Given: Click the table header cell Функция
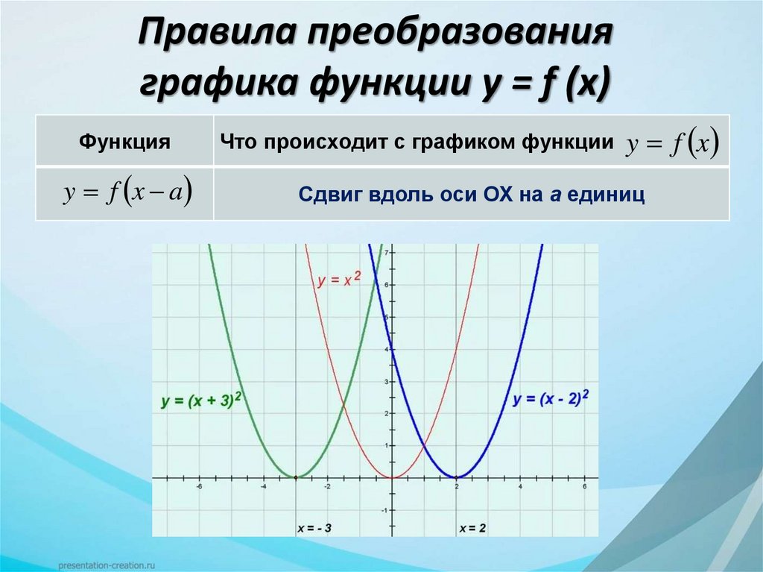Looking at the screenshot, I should pos(124,141).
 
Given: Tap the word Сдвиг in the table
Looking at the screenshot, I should pos(327,195).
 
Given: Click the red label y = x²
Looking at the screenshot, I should pos(339,280).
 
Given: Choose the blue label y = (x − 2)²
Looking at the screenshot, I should pos(551,398).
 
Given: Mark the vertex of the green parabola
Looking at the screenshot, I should pos(296,477).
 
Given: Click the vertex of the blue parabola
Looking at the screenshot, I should pos(457,477).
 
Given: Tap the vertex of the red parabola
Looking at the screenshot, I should pos(393,477).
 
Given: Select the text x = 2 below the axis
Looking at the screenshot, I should pos(472,528).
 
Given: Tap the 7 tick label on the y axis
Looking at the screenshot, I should pos(387,253).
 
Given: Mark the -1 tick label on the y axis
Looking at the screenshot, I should pos(384,510).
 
